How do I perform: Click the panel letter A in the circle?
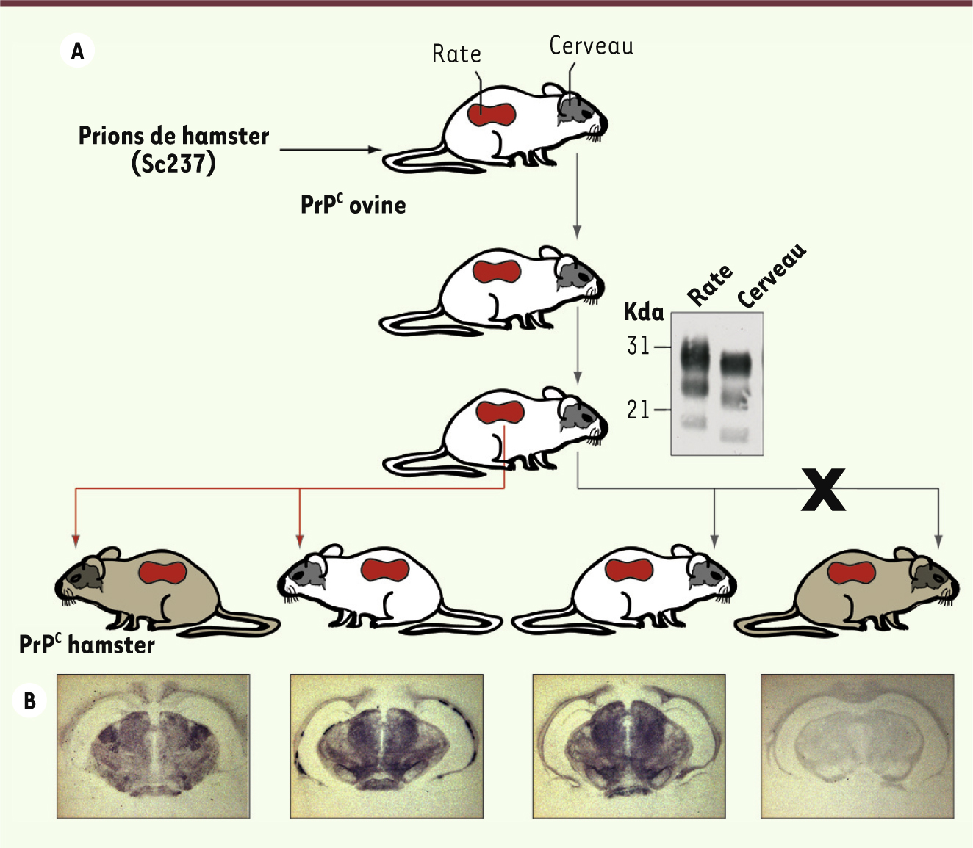(x=77, y=51)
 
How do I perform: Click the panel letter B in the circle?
(x=30, y=700)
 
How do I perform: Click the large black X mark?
(x=823, y=489)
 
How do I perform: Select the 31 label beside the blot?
(x=638, y=345)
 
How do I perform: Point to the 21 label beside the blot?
(x=638, y=410)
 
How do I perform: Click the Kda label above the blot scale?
(x=644, y=312)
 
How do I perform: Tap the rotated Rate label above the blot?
(x=709, y=285)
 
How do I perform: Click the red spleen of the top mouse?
(x=492, y=114)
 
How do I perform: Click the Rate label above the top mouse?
(x=456, y=54)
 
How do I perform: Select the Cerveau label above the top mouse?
(x=592, y=46)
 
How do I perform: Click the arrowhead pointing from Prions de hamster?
(x=376, y=150)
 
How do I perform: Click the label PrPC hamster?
(x=87, y=645)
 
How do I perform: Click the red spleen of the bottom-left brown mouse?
(x=162, y=573)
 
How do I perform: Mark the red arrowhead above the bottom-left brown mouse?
(x=75, y=541)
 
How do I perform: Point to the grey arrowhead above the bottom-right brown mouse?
(x=938, y=541)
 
